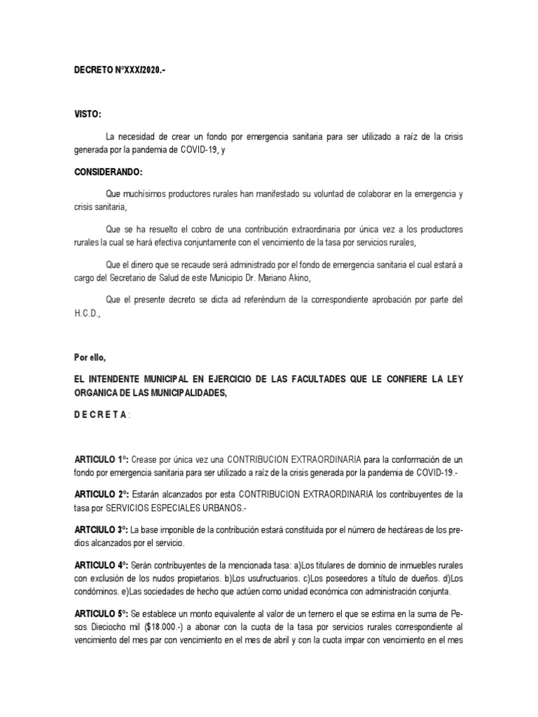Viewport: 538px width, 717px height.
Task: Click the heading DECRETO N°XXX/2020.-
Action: tap(120, 71)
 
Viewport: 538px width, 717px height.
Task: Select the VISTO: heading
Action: tap(88, 113)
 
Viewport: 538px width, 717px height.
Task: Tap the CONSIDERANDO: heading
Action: tap(109, 172)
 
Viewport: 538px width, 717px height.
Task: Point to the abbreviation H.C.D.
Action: tap(88, 314)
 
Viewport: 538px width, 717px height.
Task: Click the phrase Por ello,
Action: tap(90, 357)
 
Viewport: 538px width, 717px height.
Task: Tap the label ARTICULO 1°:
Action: tap(102, 460)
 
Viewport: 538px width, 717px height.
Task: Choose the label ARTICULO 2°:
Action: tap(102, 494)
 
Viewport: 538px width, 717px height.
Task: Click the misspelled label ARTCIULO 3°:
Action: tap(102, 529)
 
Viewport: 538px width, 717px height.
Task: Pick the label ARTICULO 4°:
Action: tap(102, 564)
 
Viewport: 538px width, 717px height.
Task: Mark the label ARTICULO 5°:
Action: tap(102, 611)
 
